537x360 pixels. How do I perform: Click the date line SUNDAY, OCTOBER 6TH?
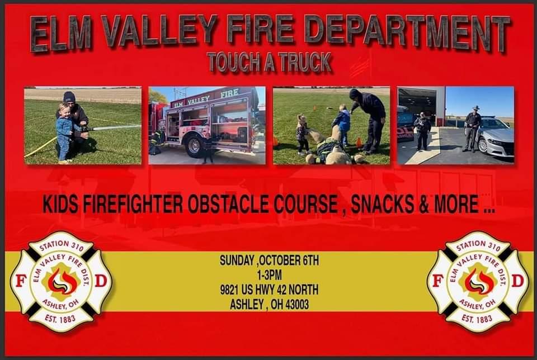(269, 260)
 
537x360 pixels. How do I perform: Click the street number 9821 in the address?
(229, 290)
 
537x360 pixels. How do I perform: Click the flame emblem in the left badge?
(62, 282)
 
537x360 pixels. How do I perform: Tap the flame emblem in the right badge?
(479, 282)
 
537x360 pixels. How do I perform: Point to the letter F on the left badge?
(21, 281)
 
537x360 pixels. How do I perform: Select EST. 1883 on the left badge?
(60, 319)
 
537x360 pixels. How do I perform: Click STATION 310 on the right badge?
(478, 245)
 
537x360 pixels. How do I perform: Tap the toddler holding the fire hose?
(65, 133)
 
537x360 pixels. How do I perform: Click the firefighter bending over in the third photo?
(370, 120)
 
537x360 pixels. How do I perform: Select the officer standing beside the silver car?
(473, 129)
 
